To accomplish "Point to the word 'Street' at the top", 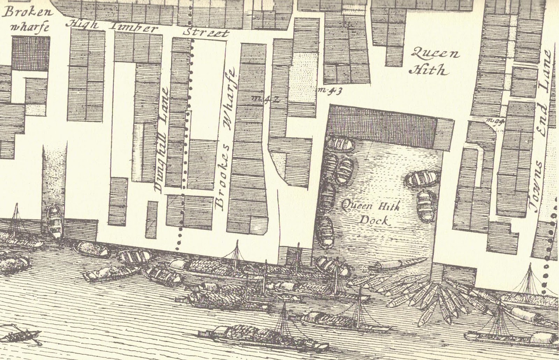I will (x=206, y=33).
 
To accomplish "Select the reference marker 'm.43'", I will (x=330, y=91).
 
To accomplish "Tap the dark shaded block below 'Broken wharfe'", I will (x=31, y=53).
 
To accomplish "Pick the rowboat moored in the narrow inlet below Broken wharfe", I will (x=54, y=222).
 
